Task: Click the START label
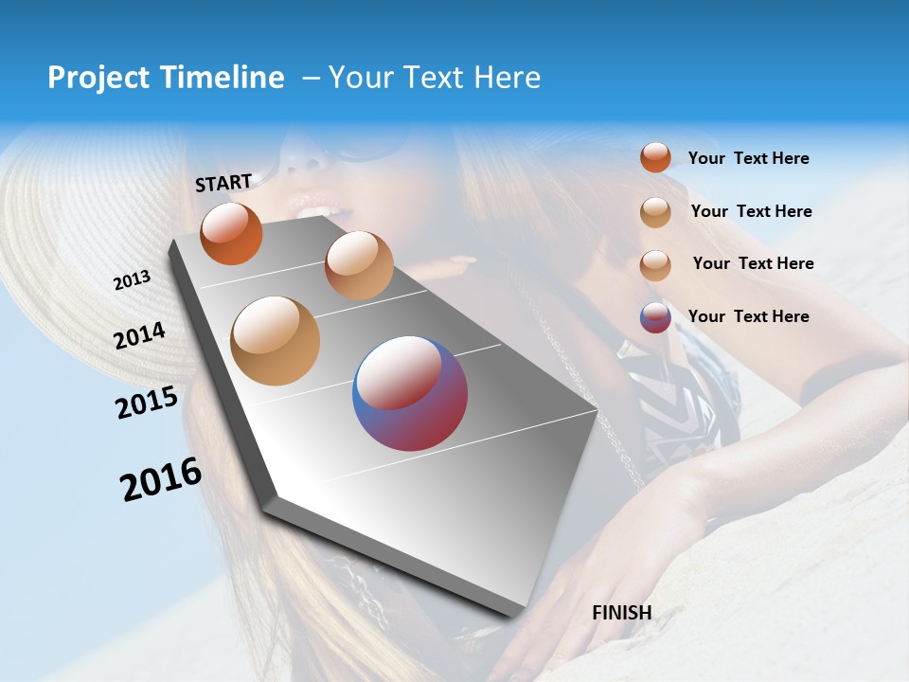[223, 183]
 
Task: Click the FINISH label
[622, 613]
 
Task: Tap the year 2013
[132, 280]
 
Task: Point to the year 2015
[147, 403]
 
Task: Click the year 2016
[161, 479]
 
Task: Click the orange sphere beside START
[231, 233]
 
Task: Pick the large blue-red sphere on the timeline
[410, 393]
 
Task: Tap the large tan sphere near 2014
[275, 340]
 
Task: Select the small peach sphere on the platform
[359, 265]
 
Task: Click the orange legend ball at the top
[655, 157]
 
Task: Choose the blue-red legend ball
[655, 317]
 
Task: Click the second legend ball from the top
[655, 212]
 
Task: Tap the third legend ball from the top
[655, 265]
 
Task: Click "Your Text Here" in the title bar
[435, 78]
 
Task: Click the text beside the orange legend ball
[748, 159]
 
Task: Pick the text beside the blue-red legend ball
[748, 316]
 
